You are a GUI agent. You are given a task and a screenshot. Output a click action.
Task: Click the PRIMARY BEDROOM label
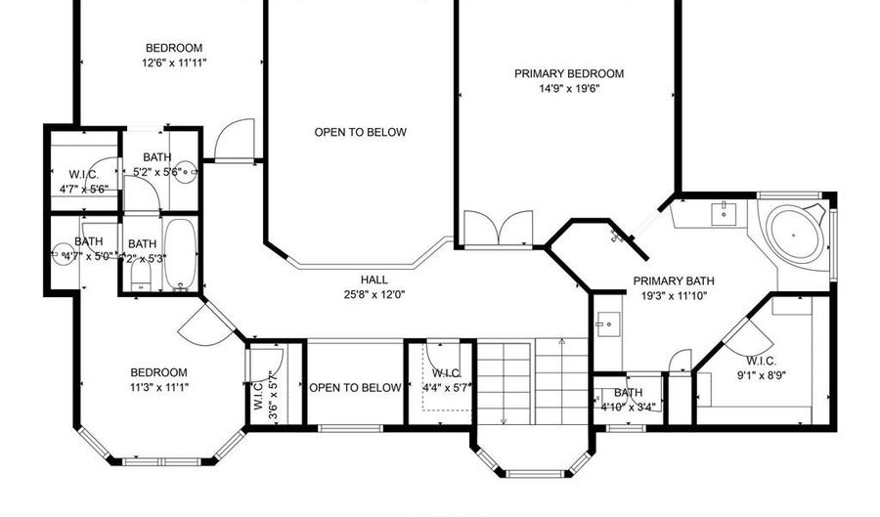pos(569,73)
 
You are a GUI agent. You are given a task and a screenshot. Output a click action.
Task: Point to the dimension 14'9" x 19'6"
pos(569,88)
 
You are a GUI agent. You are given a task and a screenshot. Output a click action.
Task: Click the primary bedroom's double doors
pos(498,230)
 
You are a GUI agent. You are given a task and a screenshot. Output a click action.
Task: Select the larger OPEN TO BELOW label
pos(360,132)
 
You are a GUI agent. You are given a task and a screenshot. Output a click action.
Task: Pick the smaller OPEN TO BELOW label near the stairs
pos(355,388)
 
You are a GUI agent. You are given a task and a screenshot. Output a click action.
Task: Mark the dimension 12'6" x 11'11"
pos(174,63)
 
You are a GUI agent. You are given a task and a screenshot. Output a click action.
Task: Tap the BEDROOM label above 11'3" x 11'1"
pos(159,371)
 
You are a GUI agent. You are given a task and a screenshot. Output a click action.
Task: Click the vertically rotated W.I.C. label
pos(259,395)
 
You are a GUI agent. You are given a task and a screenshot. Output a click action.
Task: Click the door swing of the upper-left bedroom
pos(235,139)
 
